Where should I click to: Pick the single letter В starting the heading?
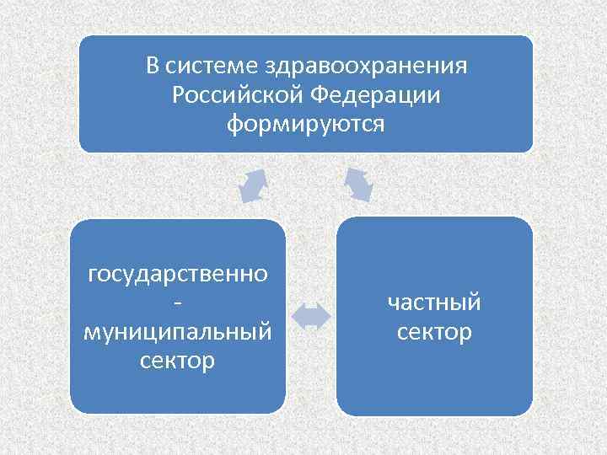tap(153, 66)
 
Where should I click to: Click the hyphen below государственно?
tap(178, 302)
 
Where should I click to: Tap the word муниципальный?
tap(178, 332)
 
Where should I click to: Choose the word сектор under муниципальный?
tap(178, 361)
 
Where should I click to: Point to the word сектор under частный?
tap(434, 332)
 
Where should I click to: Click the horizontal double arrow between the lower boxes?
tap(311, 316)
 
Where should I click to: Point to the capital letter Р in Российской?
tap(179, 95)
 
